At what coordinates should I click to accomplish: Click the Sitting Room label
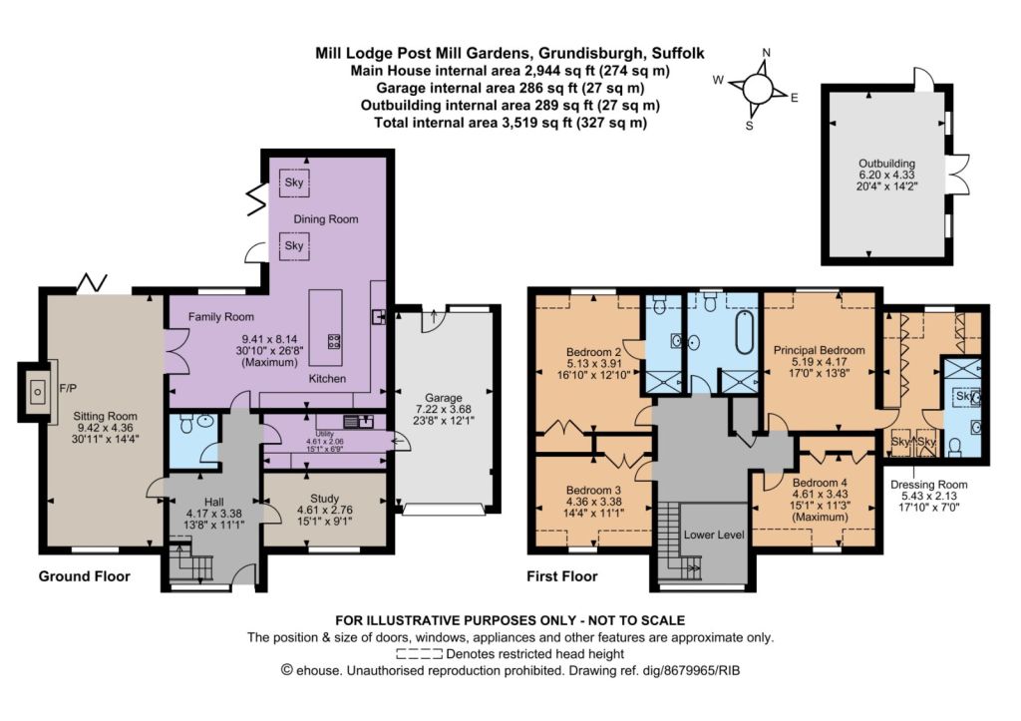(105, 416)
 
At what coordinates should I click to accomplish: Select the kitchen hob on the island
(333, 341)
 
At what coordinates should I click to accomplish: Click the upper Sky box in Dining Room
(294, 182)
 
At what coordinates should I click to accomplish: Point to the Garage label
(443, 397)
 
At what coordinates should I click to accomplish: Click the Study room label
(324, 499)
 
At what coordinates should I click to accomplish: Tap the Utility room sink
(359, 422)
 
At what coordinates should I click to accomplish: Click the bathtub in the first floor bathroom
(745, 332)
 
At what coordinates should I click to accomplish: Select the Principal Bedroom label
(820, 350)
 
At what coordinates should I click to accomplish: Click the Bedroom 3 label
(593, 490)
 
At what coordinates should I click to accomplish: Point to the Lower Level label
(714, 535)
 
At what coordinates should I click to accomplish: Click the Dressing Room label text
(928, 485)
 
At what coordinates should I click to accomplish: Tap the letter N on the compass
(767, 53)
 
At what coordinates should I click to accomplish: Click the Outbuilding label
(886, 164)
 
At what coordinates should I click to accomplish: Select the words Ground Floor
(84, 576)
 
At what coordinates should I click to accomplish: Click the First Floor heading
(562, 576)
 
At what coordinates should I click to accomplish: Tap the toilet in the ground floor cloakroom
(186, 425)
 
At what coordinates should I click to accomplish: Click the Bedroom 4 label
(820, 484)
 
